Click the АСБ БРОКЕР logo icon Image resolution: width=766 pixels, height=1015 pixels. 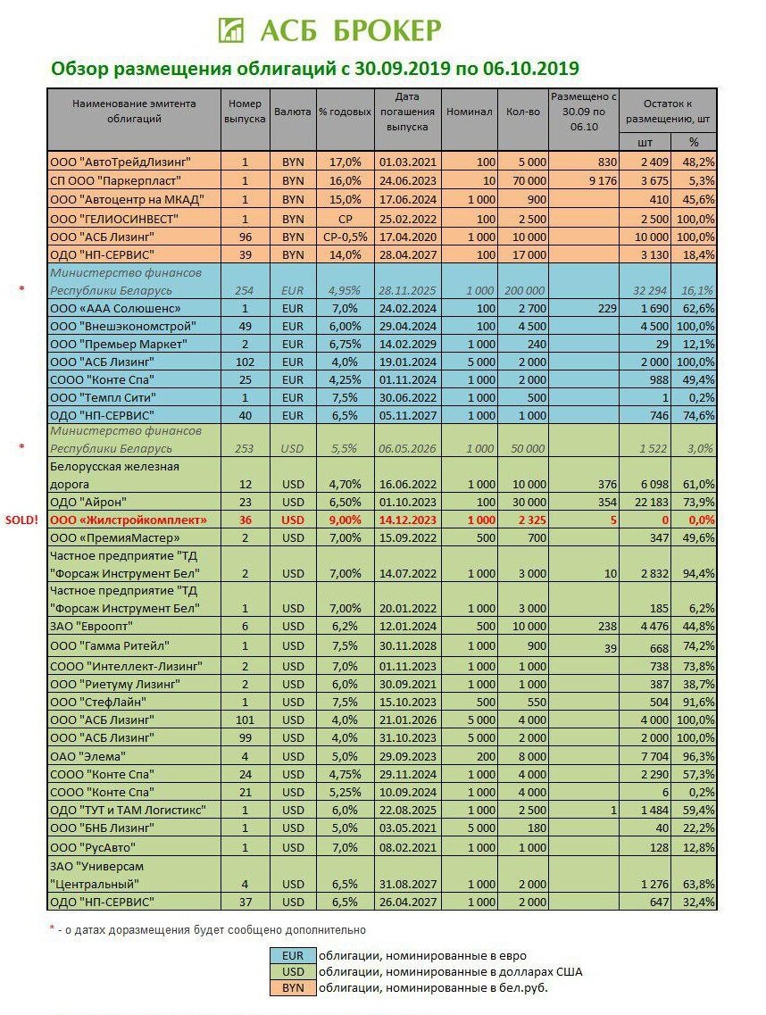point(231,29)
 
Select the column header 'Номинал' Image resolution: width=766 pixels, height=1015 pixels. point(469,112)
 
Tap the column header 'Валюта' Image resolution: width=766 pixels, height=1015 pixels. point(293,112)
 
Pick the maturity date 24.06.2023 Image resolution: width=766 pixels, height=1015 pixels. point(406,180)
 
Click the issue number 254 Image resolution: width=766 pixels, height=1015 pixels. point(245,290)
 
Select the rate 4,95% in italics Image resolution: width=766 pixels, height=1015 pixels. point(338,290)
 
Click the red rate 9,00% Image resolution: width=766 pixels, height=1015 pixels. point(338,520)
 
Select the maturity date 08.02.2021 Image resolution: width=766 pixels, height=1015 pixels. point(406,846)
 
